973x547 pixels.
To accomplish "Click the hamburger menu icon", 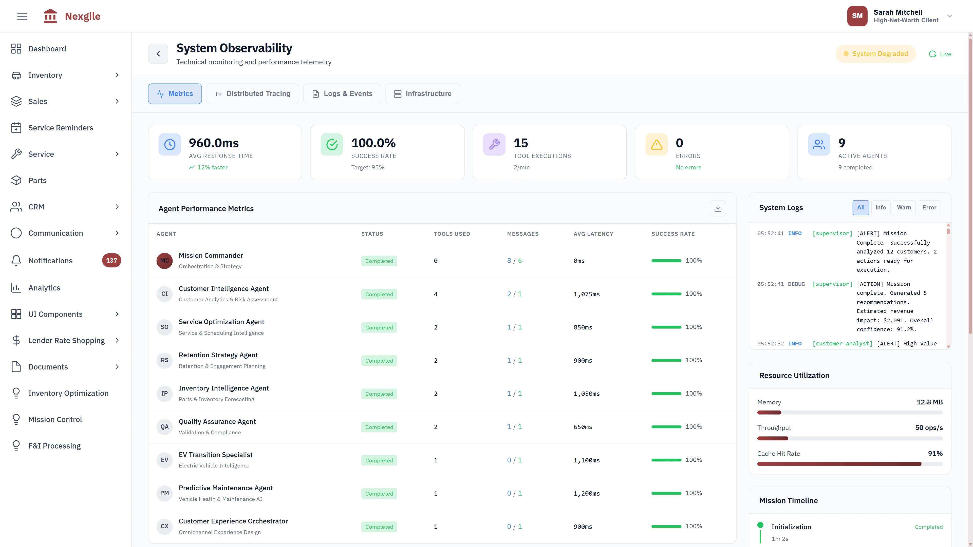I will (x=22, y=16).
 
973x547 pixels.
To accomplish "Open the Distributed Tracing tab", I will (x=252, y=94).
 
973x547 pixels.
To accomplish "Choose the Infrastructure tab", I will (x=422, y=94).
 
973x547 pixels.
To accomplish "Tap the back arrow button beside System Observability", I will (x=158, y=54).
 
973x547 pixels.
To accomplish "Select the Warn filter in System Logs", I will (x=904, y=208).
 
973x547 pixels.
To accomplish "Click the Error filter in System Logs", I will (x=929, y=208).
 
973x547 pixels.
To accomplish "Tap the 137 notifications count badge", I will (x=111, y=261).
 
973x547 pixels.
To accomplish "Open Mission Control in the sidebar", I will (x=55, y=419).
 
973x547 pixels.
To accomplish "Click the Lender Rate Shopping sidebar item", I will (x=66, y=341).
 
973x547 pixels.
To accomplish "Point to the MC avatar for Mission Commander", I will (x=164, y=261).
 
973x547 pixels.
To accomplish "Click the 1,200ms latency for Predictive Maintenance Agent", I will (x=586, y=493).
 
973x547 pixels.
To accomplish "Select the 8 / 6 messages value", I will (x=514, y=261).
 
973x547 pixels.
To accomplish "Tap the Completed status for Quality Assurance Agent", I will (x=379, y=427).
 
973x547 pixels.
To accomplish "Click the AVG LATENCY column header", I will (x=593, y=234).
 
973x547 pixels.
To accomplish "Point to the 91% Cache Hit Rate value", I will (x=935, y=453).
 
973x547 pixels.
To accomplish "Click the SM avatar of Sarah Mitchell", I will (x=857, y=16).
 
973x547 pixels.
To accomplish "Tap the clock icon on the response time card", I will (x=170, y=145).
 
